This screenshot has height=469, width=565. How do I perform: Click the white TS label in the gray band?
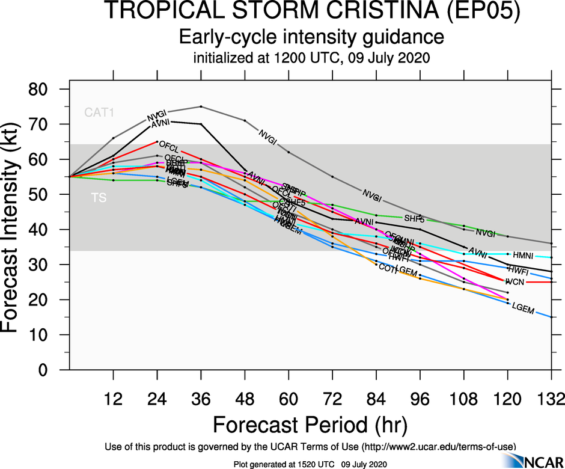[x=99, y=197]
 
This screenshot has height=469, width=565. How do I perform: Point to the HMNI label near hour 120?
[x=523, y=256]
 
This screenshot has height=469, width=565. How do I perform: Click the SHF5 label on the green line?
[x=414, y=219]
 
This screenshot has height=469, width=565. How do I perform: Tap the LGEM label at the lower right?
[x=523, y=308]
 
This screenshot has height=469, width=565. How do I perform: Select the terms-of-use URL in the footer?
[x=438, y=446]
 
